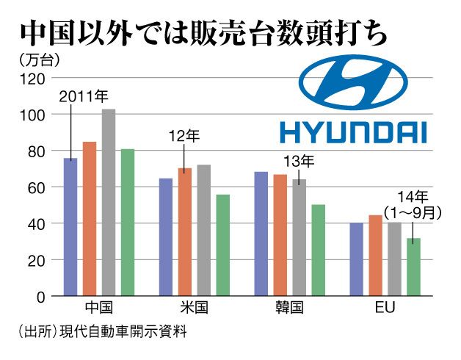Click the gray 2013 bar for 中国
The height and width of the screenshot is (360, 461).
point(109,202)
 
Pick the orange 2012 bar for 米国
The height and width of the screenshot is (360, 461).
point(185,231)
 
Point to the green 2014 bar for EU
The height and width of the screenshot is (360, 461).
point(414,266)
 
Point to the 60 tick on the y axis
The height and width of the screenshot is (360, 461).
point(37,187)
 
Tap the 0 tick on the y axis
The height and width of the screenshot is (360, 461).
point(41,296)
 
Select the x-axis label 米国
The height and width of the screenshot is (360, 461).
point(195,308)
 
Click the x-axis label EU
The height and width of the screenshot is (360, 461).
point(385,308)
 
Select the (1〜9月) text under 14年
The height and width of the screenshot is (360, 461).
point(413,213)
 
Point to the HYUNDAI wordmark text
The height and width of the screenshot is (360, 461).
point(353,132)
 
